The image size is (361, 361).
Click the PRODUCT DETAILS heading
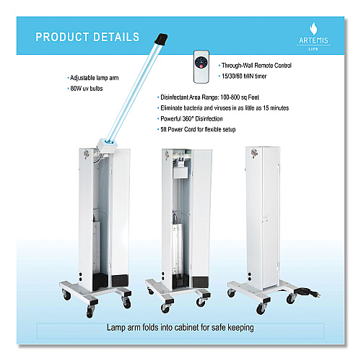point(87,37)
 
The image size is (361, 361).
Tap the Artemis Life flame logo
point(313,29)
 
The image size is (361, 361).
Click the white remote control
point(201,66)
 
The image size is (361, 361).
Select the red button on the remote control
point(201,66)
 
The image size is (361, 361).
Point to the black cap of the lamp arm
point(161,39)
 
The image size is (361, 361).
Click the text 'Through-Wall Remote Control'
point(256,66)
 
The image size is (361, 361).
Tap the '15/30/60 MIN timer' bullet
point(243,76)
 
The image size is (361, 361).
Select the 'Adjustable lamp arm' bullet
point(93,78)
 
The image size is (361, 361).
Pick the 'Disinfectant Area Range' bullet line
point(208,97)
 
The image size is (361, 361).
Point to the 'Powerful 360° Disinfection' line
point(190,118)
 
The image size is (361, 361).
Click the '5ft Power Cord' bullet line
point(196,129)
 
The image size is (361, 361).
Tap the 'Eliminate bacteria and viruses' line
point(223,108)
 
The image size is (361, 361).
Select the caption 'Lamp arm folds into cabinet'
point(180,328)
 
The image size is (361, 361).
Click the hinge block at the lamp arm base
point(107,147)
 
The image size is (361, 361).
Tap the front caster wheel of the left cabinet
point(90,312)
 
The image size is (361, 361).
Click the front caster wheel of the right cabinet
point(261,309)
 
